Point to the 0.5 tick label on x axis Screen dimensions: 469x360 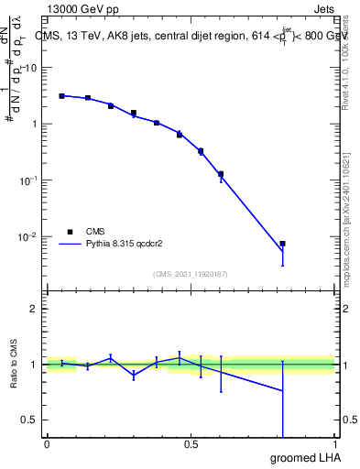[191, 444]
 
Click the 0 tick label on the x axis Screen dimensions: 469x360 [47, 444]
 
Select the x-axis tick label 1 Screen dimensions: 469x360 [336, 444]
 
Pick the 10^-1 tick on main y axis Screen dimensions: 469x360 [28, 180]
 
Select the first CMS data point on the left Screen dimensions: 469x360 [61, 95]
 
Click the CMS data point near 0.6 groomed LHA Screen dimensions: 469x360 [220, 174]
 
